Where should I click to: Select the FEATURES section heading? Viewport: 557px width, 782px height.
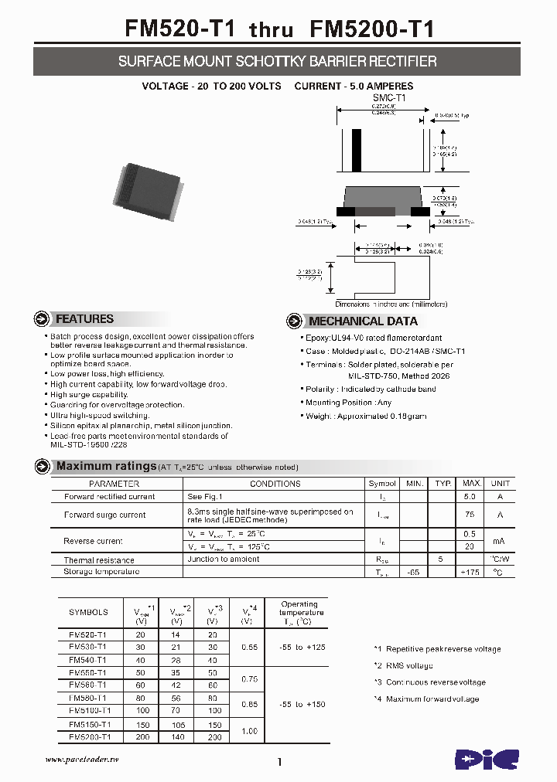point(84,319)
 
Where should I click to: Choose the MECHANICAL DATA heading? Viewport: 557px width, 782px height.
point(363,321)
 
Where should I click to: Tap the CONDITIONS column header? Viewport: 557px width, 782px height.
point(275,484)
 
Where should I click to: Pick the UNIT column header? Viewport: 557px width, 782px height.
point(501,484)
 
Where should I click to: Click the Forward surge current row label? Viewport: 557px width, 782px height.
point(104,515)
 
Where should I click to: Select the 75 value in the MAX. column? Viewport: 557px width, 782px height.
point(469,515)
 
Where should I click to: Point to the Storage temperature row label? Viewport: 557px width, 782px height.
point(101,572)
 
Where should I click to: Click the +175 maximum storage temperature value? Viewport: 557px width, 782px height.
point(469,573)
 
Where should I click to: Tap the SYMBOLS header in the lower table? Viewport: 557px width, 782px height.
point(88,612)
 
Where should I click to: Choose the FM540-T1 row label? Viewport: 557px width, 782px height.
point(87,660)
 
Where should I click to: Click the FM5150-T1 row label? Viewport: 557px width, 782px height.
point(90,725)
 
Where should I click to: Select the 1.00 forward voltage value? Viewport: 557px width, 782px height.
point(248,731)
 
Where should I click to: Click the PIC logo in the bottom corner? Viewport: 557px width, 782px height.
point(486,759)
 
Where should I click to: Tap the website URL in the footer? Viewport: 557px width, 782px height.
point(82,760)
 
